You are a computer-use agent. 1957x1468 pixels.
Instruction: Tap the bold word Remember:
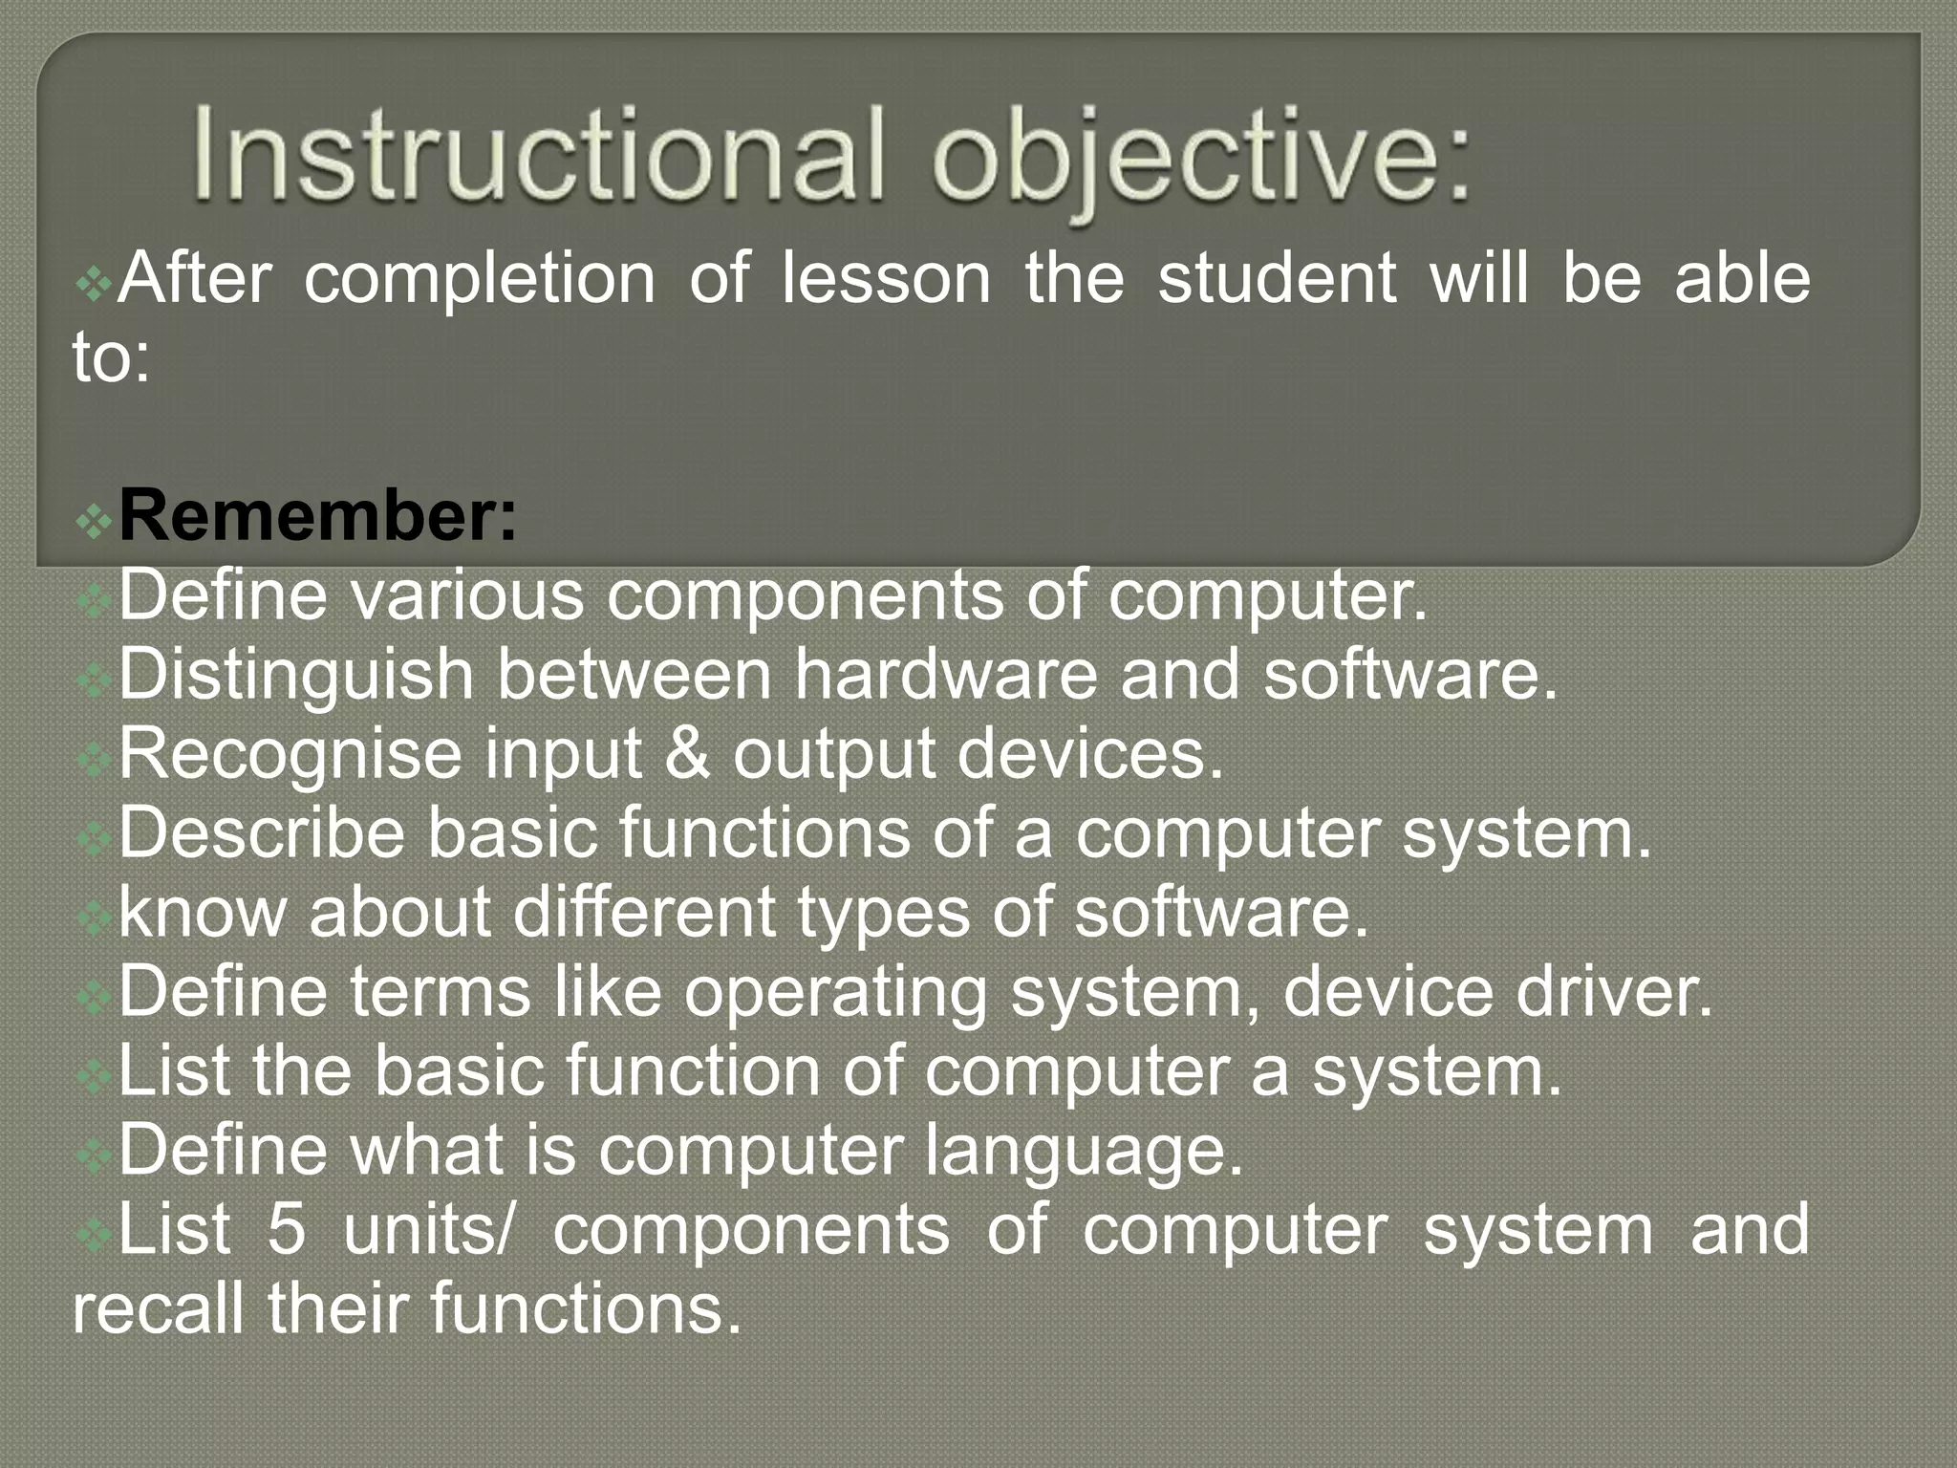(x=317, y=517)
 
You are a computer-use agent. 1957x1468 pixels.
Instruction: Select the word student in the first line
(x=1277, y=279)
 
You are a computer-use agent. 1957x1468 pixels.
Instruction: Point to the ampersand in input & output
(x=687, y=754)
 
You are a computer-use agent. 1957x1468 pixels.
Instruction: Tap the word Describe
(x=261, y=832)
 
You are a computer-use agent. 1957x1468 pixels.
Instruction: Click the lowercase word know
(x=202, y=912)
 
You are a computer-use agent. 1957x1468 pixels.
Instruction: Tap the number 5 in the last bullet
(x=287, y=1230)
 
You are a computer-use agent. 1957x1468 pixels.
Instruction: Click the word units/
(x=428, y=1230)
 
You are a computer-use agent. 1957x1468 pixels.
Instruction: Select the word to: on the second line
(x=111, y=359)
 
